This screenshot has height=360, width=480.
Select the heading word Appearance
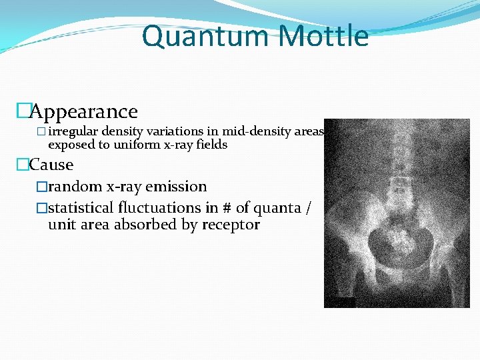(x=84, y=111)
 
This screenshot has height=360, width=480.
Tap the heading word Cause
(x=51, y=165)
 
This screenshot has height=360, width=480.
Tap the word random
(x=75, y=187)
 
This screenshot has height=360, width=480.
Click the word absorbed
(x=145, y=225)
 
